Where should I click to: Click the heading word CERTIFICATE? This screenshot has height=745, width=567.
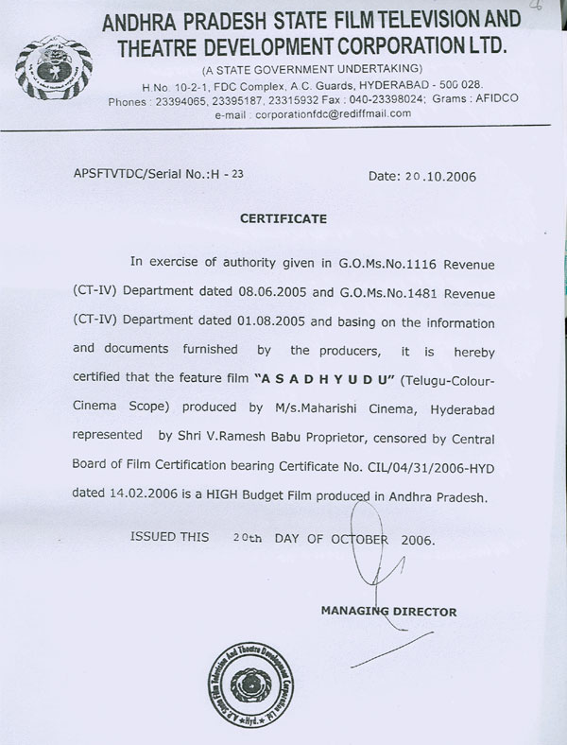(x=283, y=218)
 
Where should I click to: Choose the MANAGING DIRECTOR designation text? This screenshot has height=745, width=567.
(x=388, y=612)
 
